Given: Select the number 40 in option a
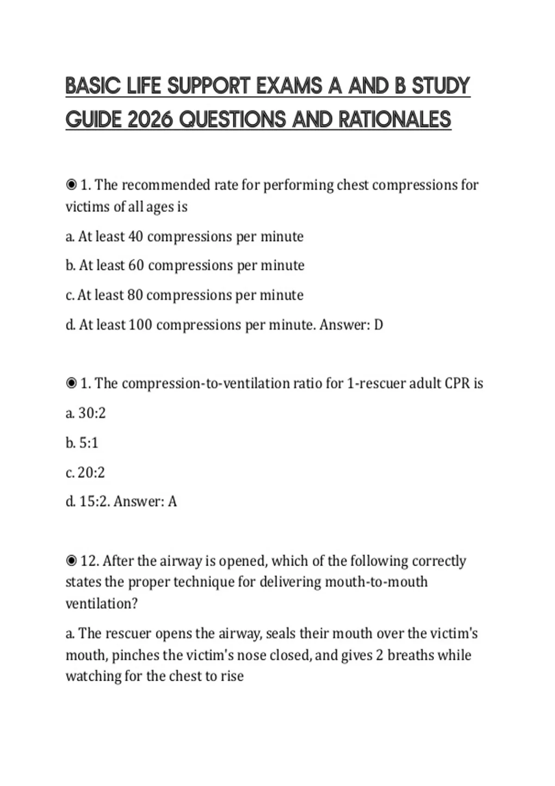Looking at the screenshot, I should [x=135, y=236].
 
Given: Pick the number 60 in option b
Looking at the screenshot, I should [x=136, y=265].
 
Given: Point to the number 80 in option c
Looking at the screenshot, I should [x=135, y=295].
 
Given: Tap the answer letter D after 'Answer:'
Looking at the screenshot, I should [x=378, y=325].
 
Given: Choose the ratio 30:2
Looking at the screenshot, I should [x=92, y=413].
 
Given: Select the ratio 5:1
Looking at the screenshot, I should [x=88, y=443].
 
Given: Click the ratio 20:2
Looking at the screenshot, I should [x=91, y=473].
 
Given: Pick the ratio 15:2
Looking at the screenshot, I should [x=94, y=502].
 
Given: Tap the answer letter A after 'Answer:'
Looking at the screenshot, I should [x=172, y=502].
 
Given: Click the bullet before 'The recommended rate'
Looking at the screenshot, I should [x=71, y=185].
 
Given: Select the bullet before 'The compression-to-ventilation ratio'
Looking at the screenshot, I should [x=71, y=383].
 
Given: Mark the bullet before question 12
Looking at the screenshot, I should [x=71, y=561].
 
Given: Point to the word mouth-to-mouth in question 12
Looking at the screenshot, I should [x=376, y=582].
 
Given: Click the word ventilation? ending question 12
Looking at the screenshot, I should [x=102, y=604].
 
